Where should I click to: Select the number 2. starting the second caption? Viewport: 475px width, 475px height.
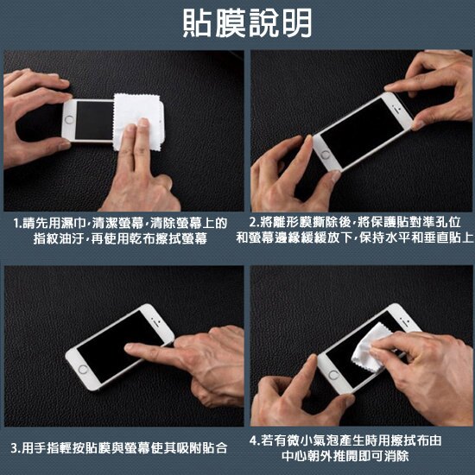254,223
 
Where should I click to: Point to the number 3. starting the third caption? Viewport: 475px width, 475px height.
16,448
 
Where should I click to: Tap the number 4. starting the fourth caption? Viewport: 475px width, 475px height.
254,440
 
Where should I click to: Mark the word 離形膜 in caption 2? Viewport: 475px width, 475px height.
289,223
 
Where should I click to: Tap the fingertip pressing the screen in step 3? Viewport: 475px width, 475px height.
130,349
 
